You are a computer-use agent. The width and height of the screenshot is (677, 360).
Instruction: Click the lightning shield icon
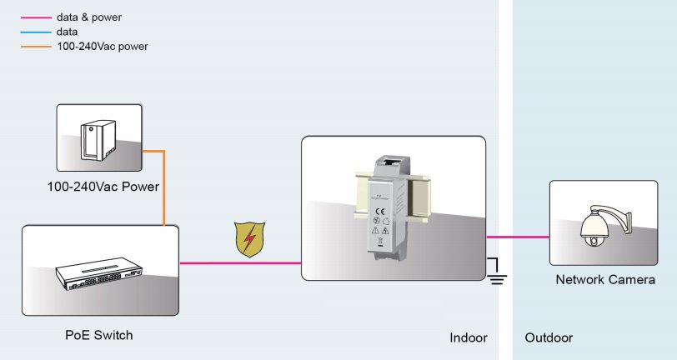coord(249,239)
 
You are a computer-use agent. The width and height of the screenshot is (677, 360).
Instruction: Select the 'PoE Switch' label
coord(99,335)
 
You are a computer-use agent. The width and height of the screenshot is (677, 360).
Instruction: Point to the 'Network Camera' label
coord(604,280)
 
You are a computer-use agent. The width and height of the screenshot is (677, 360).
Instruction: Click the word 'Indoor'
coord(468,338)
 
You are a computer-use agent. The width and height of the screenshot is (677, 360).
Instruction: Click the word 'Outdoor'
coord(549,338)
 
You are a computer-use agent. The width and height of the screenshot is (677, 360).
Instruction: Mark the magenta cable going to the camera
coord(518,237)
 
